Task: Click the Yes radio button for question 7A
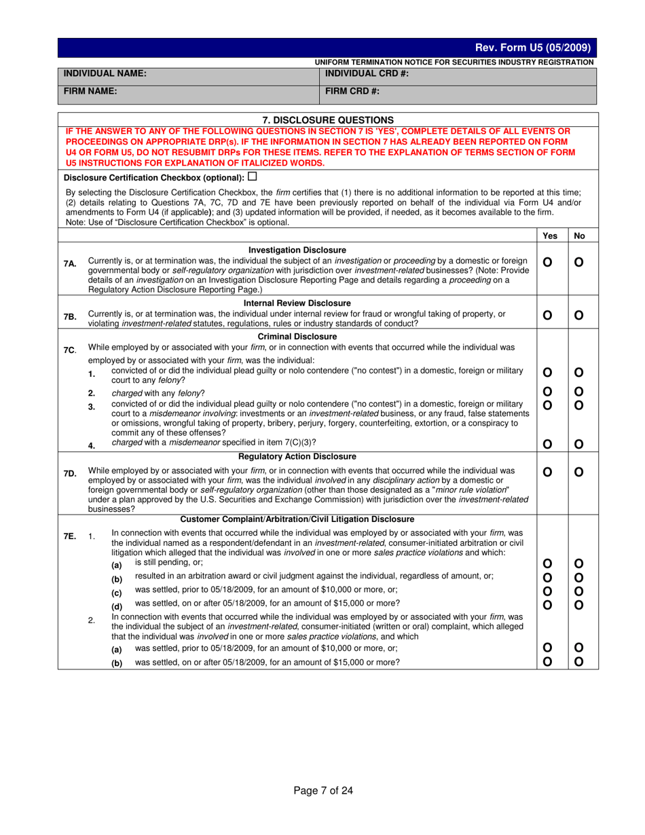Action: tap(548, 262)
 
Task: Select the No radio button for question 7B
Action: tap(579, 315)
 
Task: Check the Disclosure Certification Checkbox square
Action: tap(253, 177)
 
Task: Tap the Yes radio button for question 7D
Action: tap(548, 472)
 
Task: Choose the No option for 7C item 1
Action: tap(579, 372)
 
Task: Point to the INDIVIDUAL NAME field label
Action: tap(105, 73)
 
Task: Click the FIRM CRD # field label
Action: tap(352, 90)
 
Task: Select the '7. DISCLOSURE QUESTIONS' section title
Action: tap(328, 119)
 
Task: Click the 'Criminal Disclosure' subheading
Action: tap(297, 336)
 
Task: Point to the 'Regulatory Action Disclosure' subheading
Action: tap(297, 456)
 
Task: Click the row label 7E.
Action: tap(70, 536)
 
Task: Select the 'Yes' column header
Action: tap(551, 236)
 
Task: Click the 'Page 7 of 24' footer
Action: tap(323, 790)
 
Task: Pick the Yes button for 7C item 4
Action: tap(548, 445)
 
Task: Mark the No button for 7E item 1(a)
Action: tap(579, 563)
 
